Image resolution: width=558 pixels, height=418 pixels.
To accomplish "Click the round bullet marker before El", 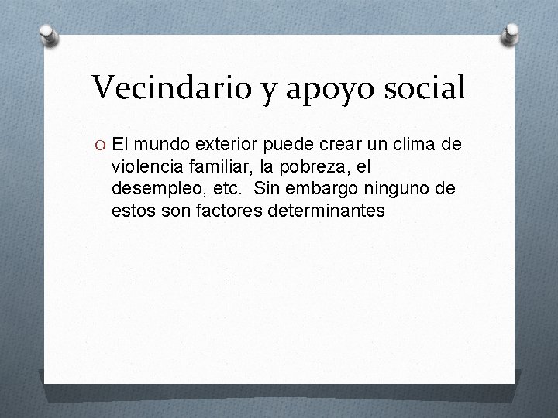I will point(101,144).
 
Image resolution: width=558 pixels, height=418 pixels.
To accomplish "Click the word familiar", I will point(214,166).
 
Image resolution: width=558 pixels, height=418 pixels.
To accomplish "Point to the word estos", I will point(131,210).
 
